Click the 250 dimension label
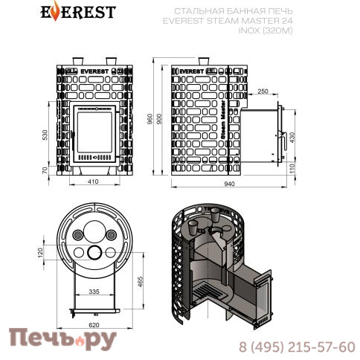(x=263, y=91)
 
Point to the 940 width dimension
(x=229, y=184)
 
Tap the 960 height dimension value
(x=150, y=119)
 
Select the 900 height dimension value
(x=159, y=119)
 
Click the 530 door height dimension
(x=45, y=135)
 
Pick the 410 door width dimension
(x=93, y=181)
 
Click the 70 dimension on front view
(x=45, y=170)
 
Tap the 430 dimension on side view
(x=292, y=138)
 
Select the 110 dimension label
(x=292, y=168)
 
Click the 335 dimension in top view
(x=94, y=292)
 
